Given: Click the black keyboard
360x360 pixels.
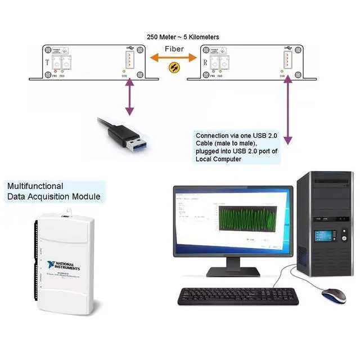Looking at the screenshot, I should [236, 296].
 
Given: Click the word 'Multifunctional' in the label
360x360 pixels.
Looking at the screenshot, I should [35, 186].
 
